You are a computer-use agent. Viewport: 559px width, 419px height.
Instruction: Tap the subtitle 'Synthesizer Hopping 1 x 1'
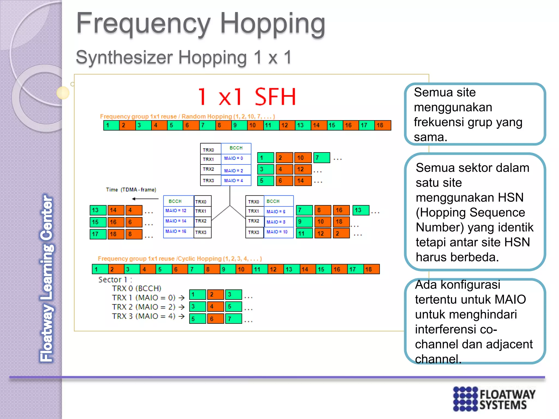point(184,58)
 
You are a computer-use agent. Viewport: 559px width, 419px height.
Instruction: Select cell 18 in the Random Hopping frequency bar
point(383,125)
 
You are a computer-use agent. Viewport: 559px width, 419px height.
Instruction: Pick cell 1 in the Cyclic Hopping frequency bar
point(100,269)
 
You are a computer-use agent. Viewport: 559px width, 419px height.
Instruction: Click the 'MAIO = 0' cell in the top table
point(235,158)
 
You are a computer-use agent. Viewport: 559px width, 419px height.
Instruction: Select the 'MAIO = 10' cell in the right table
point(278,232)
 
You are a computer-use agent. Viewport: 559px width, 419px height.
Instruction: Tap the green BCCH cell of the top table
point(236,148)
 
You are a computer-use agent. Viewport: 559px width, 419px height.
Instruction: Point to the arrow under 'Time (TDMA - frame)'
point(145,199)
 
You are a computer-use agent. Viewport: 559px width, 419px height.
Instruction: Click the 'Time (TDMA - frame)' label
point(131,190)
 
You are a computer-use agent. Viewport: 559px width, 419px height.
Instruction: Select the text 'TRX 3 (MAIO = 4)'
point(144,316)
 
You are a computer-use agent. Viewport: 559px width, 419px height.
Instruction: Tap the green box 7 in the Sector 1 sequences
point(233,319)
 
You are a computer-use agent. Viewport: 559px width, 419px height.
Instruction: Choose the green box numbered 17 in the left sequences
point(98,234)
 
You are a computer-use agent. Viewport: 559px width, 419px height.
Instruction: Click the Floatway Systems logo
point(494,399)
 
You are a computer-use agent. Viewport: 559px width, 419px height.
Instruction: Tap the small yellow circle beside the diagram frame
point(63,93)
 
